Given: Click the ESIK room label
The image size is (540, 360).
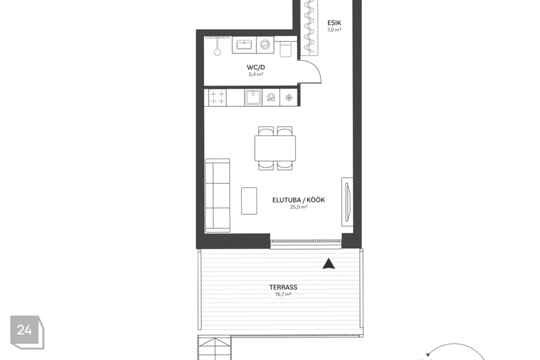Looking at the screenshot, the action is point(334,22).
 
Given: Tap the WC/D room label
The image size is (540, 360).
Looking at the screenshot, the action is point(256,67).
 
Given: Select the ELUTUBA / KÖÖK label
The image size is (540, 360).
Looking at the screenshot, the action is point(299,200).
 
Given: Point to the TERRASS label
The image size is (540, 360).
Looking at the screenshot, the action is point(283,287).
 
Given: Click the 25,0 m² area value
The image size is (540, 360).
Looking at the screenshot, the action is point(299,207).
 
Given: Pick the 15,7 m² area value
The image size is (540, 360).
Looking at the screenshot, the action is point(283,294).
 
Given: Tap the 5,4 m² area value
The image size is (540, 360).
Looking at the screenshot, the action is point(256,74).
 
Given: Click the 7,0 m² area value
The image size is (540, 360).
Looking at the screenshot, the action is point(334,30).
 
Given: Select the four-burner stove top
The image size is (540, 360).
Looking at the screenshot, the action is point(217,97).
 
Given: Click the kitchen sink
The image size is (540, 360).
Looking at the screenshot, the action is point(253,97).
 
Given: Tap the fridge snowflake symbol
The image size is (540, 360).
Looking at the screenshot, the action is point(289,98).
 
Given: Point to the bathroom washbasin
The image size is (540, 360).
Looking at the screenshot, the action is point(244,45).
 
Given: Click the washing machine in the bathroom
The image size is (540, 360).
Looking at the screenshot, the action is point(265,45).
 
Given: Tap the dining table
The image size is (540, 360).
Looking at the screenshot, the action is point(275,148).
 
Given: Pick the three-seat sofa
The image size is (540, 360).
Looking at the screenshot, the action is point(217,196).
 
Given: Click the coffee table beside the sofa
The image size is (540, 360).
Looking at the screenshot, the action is point(249,201).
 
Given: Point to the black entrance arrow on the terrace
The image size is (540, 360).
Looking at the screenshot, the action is point(329,264).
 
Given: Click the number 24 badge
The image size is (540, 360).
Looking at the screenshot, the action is point(27,332).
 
